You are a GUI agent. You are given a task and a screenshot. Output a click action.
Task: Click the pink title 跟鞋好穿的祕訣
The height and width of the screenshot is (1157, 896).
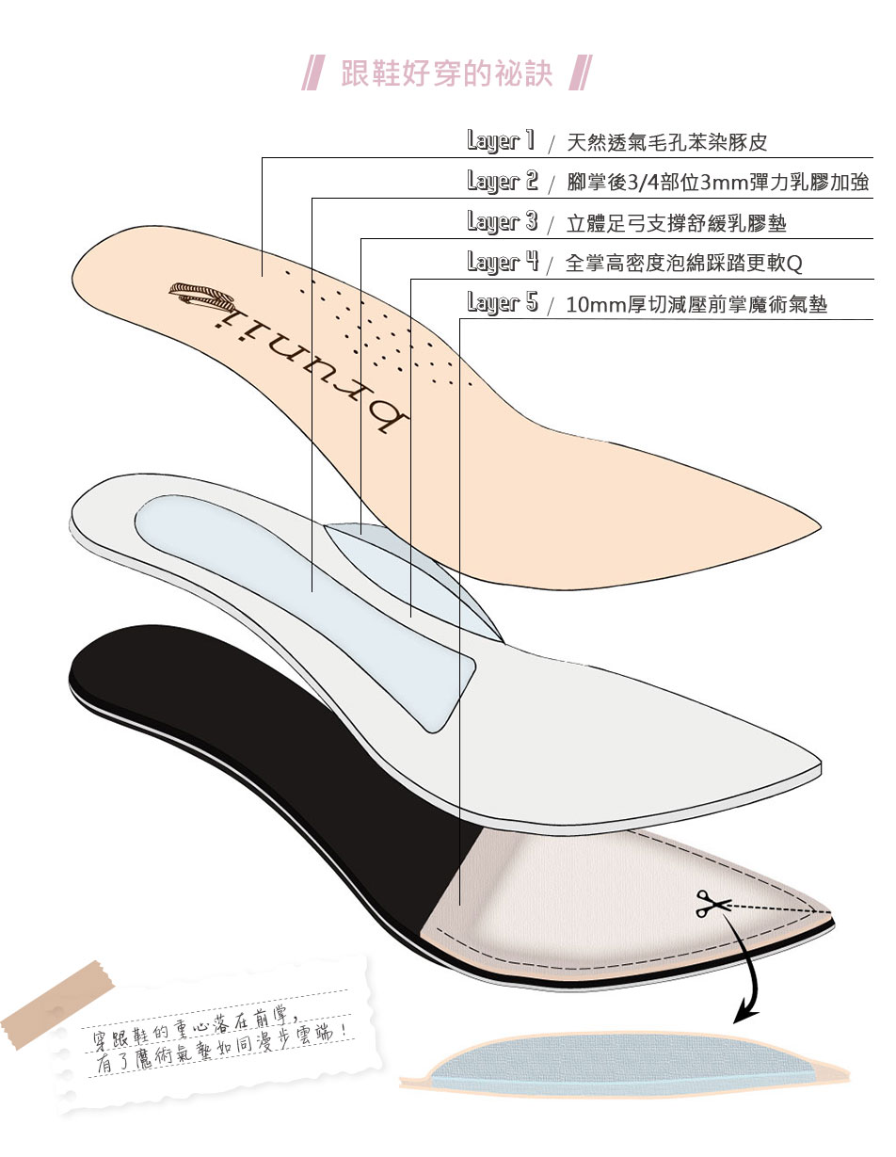(446, 72)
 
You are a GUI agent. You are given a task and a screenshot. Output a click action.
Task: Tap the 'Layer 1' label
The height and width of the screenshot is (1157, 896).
(500, 140)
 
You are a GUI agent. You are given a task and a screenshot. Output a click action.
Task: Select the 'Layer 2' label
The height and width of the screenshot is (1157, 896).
(502, 181)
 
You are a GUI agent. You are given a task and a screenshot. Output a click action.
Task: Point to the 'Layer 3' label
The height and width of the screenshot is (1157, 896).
(502, 221)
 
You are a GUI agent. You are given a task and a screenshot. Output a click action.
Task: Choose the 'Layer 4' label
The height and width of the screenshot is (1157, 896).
(503, 262)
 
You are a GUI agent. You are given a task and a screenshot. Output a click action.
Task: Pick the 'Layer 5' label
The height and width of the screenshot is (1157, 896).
(503, 302)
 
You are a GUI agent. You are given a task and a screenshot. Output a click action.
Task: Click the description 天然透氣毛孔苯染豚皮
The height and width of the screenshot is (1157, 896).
(666, 142)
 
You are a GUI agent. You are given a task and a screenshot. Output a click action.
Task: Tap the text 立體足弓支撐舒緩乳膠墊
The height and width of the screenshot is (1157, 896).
(677, 223)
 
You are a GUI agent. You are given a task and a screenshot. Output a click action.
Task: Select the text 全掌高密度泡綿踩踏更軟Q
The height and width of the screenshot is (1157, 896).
(683, 263)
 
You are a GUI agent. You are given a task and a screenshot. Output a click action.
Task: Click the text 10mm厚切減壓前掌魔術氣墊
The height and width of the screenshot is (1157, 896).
(696, 305)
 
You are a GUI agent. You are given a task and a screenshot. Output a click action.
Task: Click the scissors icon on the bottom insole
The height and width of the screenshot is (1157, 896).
(713, 904)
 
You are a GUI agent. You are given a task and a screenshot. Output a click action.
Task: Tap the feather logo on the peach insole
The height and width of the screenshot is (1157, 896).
(201, 295)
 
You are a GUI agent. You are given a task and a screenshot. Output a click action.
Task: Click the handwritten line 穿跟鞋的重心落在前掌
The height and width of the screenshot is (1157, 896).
(193, 1027)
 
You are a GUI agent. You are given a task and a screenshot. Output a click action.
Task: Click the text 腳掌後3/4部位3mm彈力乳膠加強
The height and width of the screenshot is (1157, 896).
(718, 183)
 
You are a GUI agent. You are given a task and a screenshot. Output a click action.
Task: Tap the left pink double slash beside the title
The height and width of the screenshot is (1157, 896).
(314, 72)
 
